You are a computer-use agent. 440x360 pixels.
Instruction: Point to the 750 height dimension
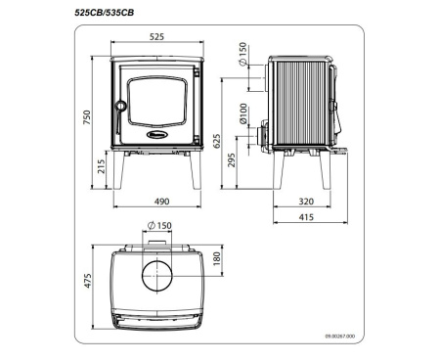(86, 118)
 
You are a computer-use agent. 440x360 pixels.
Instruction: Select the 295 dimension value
(232, 160)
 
